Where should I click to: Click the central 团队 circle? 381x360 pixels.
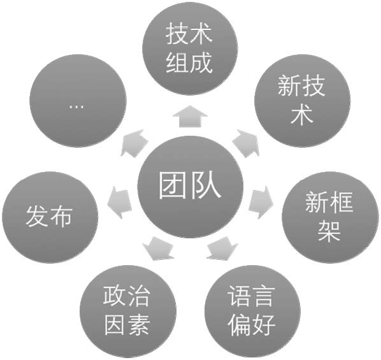pyautogui.click(x=190, y=187)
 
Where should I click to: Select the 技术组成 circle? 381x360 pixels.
pyautogui.click(x=190, y=48)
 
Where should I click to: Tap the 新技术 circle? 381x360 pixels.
pyautogui.click(x=302, y=101)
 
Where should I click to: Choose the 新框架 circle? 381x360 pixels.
pyautogui.click(x=330, y=217)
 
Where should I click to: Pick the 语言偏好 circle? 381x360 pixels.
pyautogui.click(x=252, y=312)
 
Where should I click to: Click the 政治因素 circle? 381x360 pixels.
pyautogui.click(x=128, y=312)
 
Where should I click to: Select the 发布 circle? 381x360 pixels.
pyautogui.click(x=50, y=217)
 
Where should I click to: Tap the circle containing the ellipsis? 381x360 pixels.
pyautogui.click(x=78, y=101)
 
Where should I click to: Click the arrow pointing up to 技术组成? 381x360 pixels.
pyautogui.click(x=190, y=117)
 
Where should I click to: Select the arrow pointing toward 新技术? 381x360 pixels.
pyautogui.click(x=246, y=143)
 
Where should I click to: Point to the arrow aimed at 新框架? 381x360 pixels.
pyautogui.click(x=261, y=203)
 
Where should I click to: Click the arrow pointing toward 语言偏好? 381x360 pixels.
pyautogui.click(x=222, y=248)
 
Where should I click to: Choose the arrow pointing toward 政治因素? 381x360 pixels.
pyautogui.click(x=159, y=248)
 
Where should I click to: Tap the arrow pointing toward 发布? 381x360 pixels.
pyautogui.click(x=120, y=203)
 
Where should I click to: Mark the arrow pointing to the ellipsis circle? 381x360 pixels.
pyautogui.click(x=134, y=143)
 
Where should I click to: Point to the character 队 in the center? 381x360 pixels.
pyautogui.click(x=206, y=185)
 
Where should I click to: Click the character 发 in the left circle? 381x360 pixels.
pyautogui.click(x=37, y=217)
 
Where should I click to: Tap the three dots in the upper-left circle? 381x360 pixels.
pyautogui.click(x=77, y=106)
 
